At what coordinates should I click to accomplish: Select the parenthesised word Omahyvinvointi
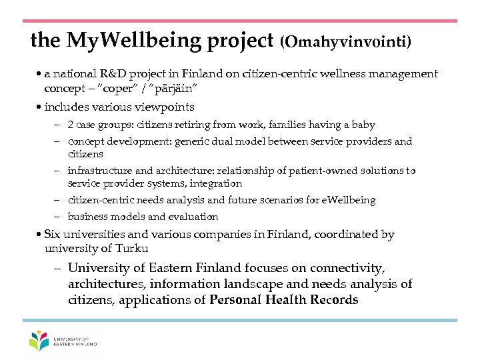[345, 42]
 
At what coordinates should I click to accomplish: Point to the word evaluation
[193, 217]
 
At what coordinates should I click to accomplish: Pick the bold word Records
[334, 299]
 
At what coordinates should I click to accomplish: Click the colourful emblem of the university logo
[39, 341]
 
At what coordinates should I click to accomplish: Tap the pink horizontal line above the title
[240, 21]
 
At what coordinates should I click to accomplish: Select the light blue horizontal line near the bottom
[240, 320]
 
